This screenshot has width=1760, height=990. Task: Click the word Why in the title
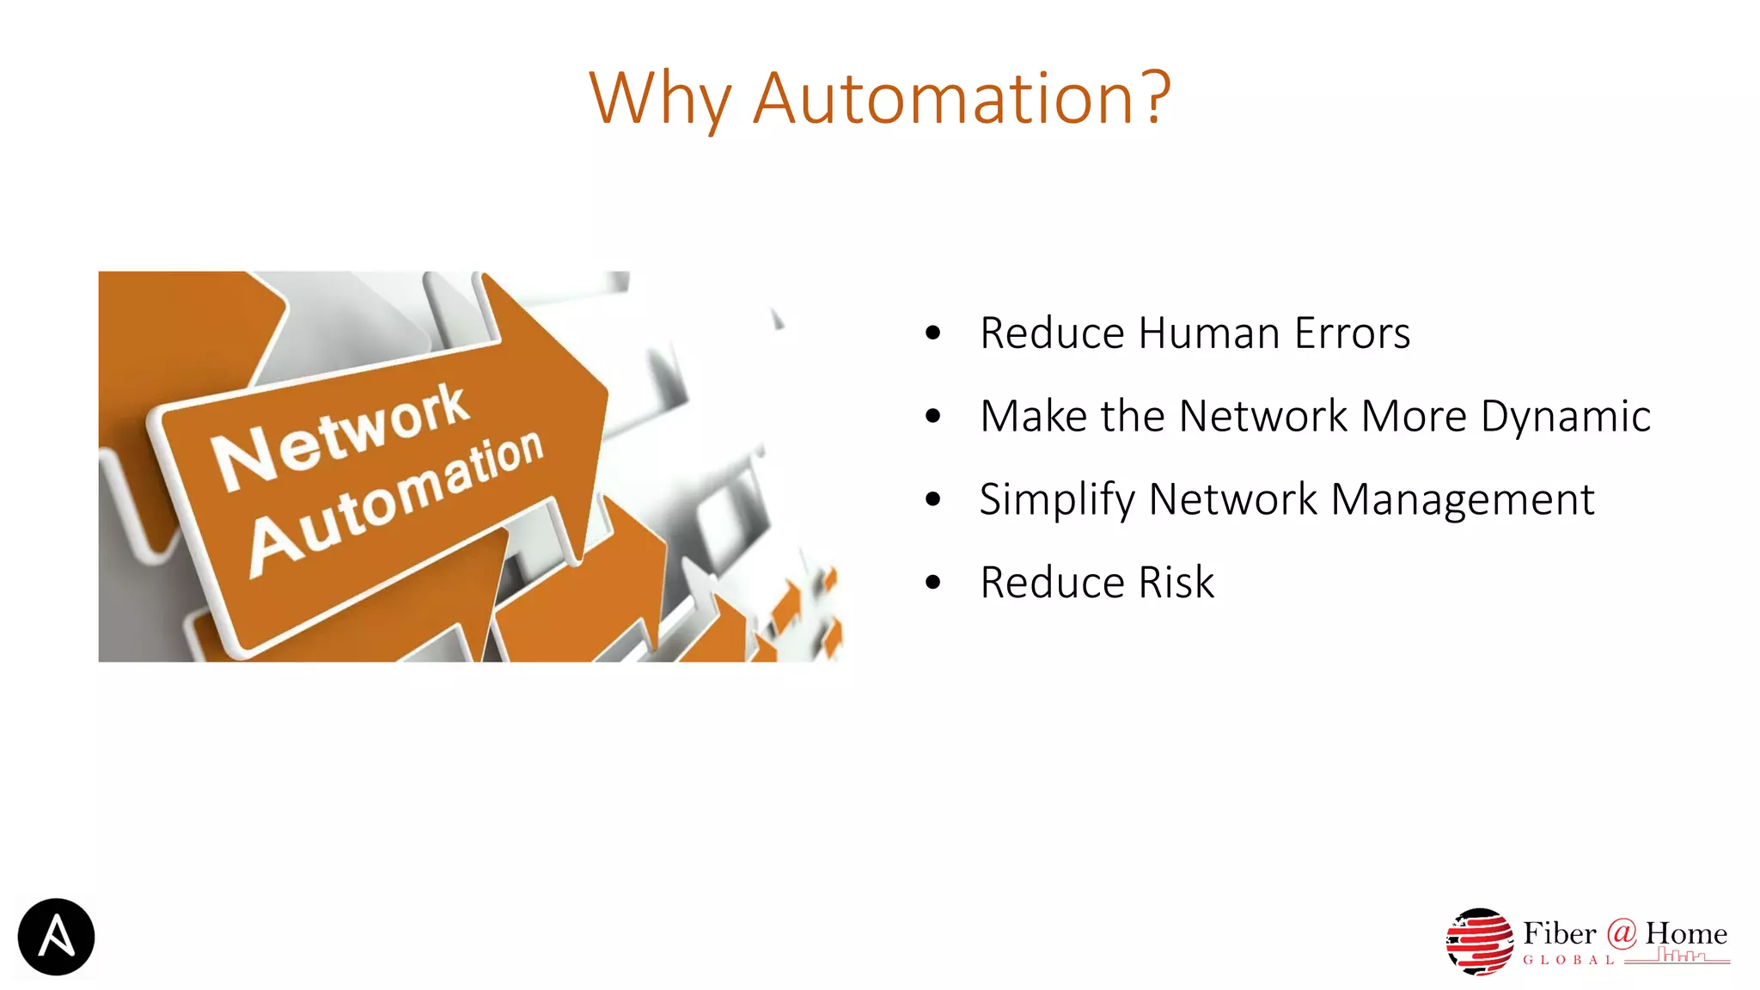click(x=659, y=99)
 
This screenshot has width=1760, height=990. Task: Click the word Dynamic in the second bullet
click(x=1565, y=417)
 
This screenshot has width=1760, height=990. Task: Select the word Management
click(x=1462, y=500)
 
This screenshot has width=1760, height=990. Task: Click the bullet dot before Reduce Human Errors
click(x=933, y=334)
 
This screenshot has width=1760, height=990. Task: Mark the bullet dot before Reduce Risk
click(x=933, y=584)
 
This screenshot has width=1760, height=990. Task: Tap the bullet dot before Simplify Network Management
click(x=933, y=500)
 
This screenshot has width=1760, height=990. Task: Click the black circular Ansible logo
click(x=56, y=937)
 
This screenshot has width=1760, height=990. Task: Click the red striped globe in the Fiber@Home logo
click(x=1480, y=942)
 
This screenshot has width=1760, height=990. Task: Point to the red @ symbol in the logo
click(x=1621, y=932)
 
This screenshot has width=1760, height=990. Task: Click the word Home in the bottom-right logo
click(x=1686, y=933)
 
